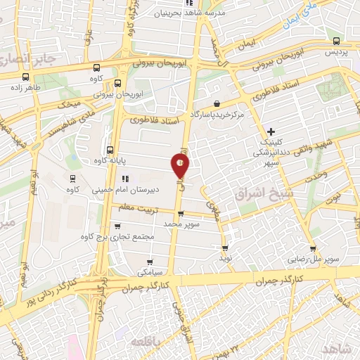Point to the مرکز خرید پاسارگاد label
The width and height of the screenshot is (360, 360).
[214, 114]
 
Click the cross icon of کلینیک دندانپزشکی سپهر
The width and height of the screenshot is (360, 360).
[271, 131]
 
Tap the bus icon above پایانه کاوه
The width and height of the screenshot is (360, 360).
[109, 149]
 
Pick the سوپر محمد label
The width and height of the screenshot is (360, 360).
[182, 223]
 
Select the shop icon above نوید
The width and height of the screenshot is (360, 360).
[226, 247]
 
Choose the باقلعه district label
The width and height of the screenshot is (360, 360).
[147, 340]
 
